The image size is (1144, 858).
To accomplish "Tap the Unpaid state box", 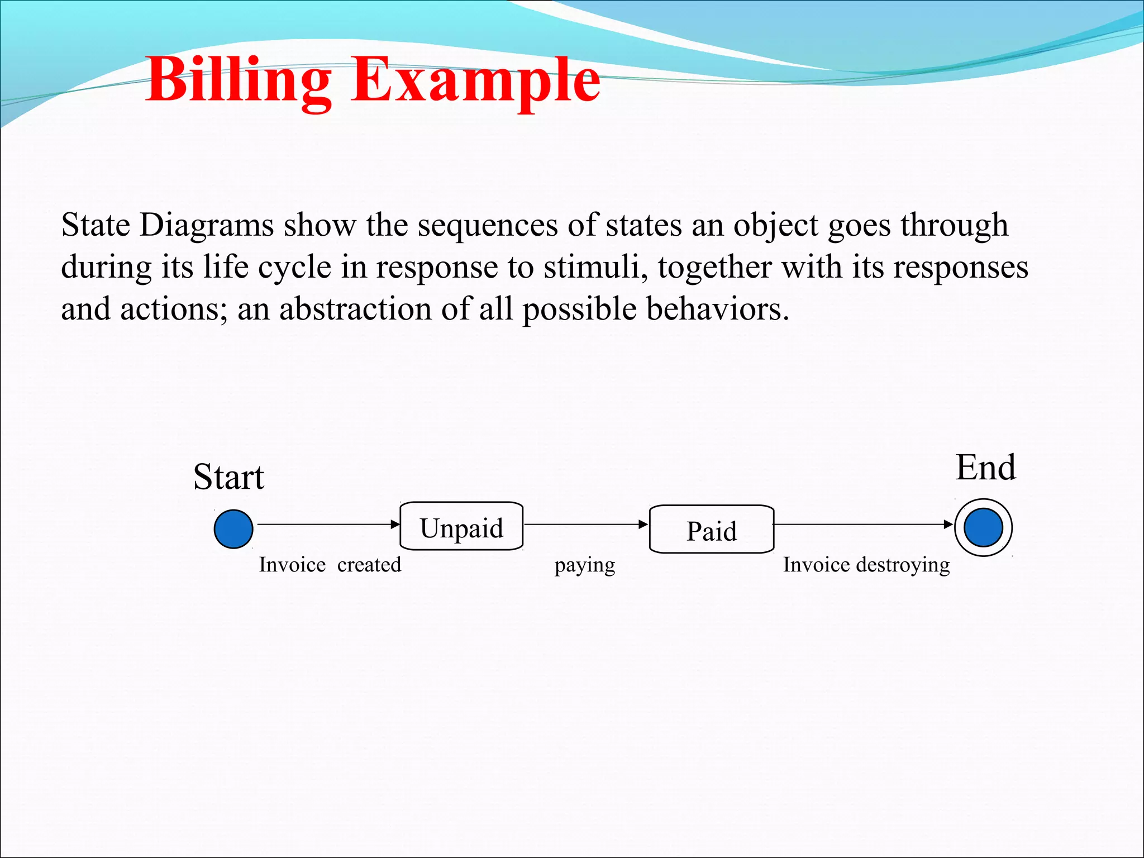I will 461,527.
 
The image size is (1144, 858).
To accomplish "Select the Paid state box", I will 711,530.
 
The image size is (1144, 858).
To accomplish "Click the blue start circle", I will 233,528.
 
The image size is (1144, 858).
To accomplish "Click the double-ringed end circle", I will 983,528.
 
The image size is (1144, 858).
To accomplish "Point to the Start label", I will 228,478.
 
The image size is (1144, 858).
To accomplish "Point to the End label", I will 985,468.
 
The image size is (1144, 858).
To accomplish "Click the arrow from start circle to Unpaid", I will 328,525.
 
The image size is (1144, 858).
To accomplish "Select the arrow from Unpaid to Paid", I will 585,525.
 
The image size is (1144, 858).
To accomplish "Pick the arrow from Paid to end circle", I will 863,525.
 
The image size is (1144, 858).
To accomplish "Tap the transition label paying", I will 584,566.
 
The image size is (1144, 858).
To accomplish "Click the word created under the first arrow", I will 369,565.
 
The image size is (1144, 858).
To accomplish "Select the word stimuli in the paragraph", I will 595,267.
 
